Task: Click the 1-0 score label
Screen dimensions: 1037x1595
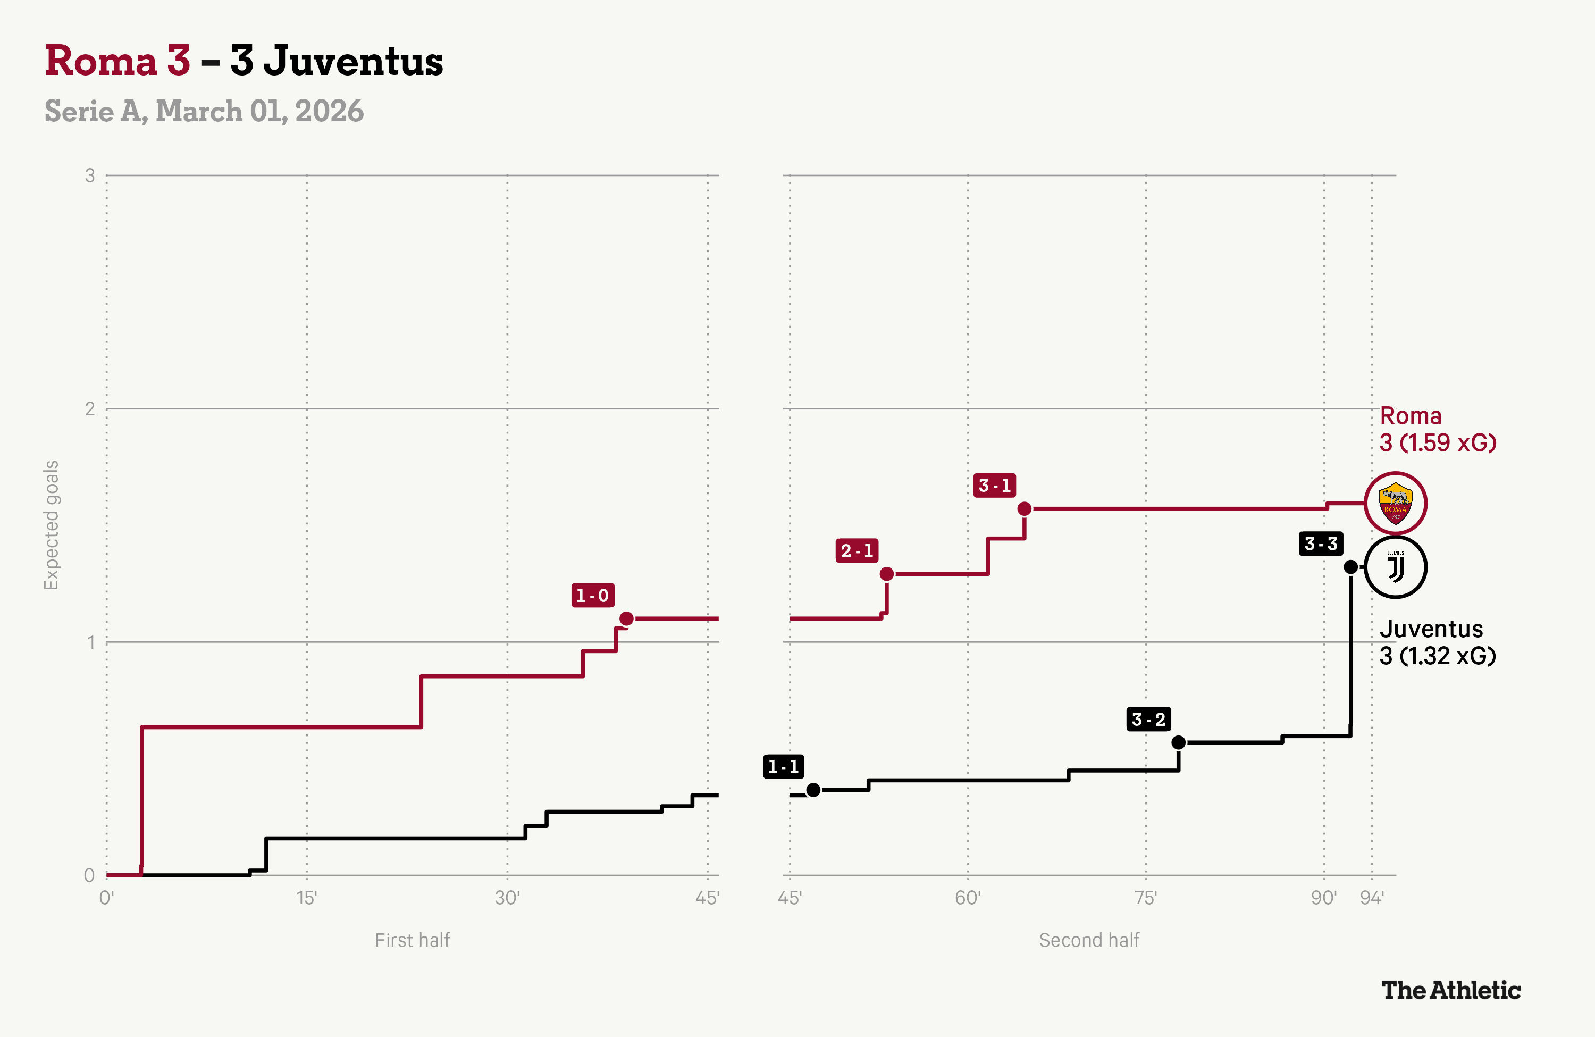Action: point(592,595)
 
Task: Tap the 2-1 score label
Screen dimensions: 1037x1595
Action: point(857,551)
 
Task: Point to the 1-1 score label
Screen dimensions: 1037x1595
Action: point(783,766)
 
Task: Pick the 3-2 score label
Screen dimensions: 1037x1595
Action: point(1148,720)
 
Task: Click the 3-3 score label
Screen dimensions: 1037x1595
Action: point(1320,543)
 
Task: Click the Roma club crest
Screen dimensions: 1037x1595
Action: point(1395,503)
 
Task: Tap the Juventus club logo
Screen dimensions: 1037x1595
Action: point(1395,567)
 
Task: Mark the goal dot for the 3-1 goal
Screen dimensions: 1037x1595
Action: point(1024,509)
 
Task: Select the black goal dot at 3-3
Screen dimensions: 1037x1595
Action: point(1350,567)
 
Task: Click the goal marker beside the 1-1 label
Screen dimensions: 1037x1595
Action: point(813,790)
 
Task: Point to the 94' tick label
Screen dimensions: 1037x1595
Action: point(1371,898)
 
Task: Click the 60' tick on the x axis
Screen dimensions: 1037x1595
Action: point(967,898)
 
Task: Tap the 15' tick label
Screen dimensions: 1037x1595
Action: point(306,898)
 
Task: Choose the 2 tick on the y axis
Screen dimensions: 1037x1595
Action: point(90,409)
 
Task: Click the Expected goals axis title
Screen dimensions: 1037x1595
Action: point(52,525)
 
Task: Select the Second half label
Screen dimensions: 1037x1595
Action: point(1089,940)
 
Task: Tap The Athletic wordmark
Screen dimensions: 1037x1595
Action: point(1451,990)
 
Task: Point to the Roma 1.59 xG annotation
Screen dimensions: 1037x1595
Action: point(1438,429)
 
